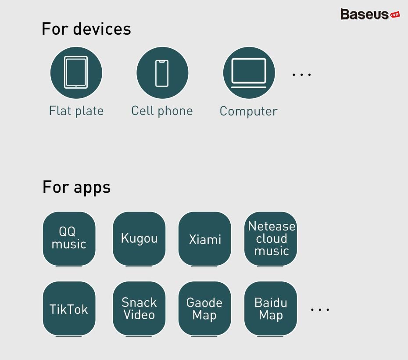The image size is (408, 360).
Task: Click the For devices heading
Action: tap(86, 29)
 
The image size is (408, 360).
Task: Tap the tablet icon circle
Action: tap(76, 72)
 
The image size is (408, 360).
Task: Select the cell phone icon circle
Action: tap(162, 72)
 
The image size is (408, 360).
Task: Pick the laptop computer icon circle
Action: tap(249, 72)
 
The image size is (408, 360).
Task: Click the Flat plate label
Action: tap(76, 111)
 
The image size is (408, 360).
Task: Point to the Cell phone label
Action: tap(162, 111)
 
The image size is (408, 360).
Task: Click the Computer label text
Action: tap(248, 111)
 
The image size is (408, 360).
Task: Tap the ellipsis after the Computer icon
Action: tap(301, 75)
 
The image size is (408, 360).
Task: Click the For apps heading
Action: tap(76, 187)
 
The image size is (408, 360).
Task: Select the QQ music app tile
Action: tap(69, 239)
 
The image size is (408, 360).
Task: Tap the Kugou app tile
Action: tap(139, 239)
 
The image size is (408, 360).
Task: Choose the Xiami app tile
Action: tap(205, 239)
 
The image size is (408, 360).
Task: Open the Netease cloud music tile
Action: tap(271, 239)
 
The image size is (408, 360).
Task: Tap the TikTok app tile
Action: tap(69, 309)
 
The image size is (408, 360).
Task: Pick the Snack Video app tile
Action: tap(139, 309)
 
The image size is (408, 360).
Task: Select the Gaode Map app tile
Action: tap(205, 309)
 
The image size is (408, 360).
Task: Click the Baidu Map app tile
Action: tap(271, 309)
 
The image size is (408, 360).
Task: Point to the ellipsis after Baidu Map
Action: tap(320, 310)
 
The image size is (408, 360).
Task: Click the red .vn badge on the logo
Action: tap(395, 14)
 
